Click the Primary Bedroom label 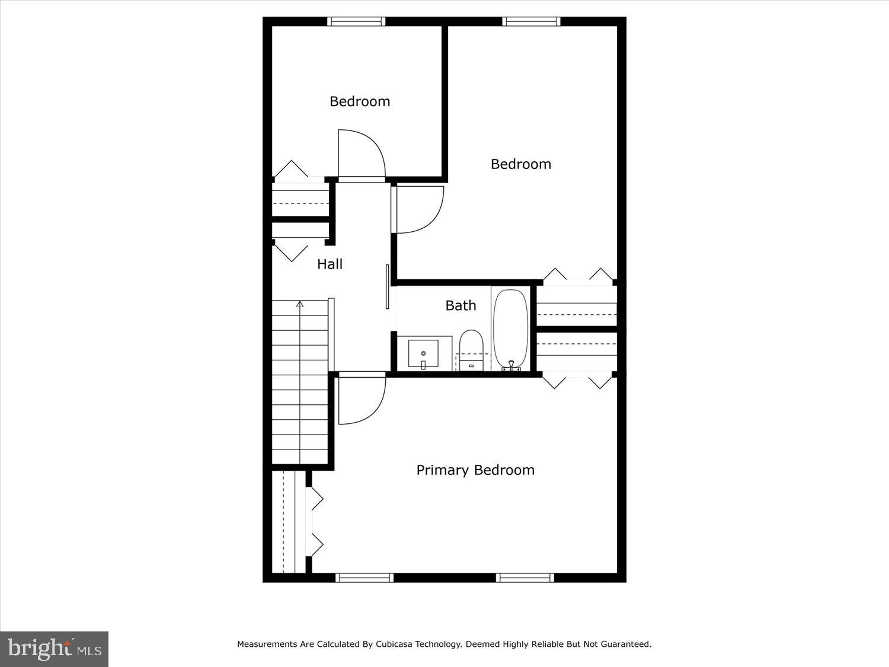(475, 470)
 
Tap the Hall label (330, 264)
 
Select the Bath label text (461, 305)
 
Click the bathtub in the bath (511, 328)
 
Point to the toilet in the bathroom (472, 349)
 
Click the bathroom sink (423, 354)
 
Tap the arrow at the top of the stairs (300, 304)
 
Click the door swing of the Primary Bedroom (362, 400)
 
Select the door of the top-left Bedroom (361, 154)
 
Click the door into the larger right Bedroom (418, 209)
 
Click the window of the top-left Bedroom (357, 22)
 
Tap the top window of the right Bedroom (531, 22)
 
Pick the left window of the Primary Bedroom (364, 577)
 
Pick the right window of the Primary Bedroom (525, 577)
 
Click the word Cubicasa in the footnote (394, 644)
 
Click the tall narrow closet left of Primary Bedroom (289, 522)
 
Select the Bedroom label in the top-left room (360, 101)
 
